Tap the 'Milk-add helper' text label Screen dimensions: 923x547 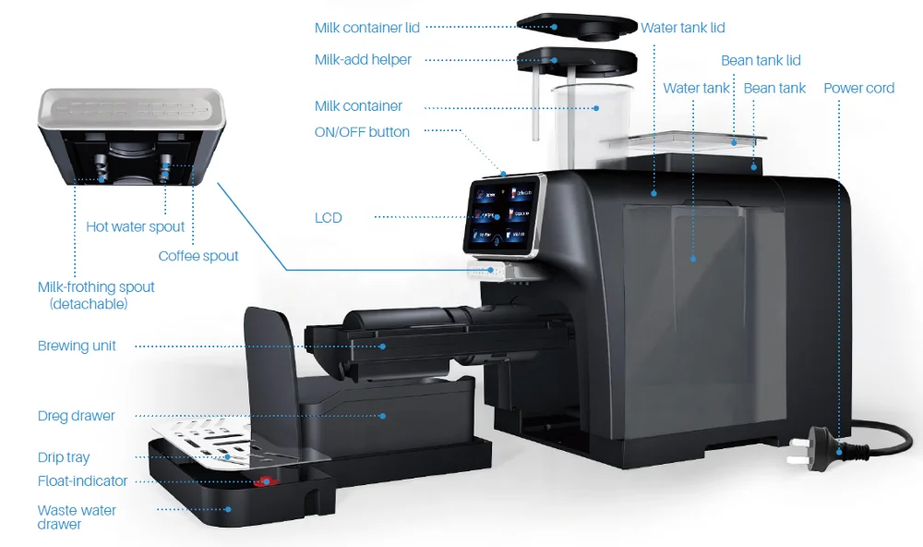click(363, 60)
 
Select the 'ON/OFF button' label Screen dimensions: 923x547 click(362, 132)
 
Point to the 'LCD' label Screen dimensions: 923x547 click(328, 218)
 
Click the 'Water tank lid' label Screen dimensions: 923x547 click(683, 28)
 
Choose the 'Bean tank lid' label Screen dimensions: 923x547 click(761, 61)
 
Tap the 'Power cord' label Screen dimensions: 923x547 click(858, 89)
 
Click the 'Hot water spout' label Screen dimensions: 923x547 click(136, 227)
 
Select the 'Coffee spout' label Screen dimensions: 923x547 click(198, 256)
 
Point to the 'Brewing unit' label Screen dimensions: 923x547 click(77, 346)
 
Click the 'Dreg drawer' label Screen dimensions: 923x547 click(77, 416)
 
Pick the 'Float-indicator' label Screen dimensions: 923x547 click(82, 481)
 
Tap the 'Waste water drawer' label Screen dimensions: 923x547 click(78, 517)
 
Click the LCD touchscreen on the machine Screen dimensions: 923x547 click(502, 217)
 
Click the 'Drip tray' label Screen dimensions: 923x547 click(64, 457)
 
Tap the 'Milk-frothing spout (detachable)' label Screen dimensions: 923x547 click(96, 295)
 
